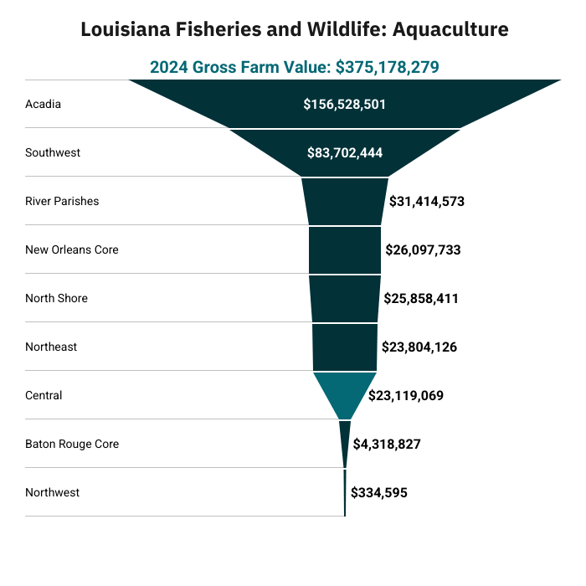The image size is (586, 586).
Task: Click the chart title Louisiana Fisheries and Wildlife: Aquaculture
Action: [295, 29]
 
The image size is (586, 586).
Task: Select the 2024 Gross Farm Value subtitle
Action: [295, 67]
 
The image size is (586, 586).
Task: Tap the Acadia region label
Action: [43, 104]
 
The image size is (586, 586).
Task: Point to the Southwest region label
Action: [53, 152]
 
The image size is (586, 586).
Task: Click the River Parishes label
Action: [62, 201]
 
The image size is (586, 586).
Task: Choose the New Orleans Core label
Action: [72, 249]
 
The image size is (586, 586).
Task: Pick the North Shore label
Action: [56, 298]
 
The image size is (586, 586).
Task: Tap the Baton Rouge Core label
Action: [72, 444]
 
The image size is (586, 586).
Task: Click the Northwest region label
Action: [52, 492]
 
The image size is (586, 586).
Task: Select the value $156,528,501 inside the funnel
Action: [345, 105]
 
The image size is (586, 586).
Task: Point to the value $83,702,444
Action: [345, 153]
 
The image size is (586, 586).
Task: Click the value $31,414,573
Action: [427, 202]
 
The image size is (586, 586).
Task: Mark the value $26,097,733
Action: [423, 250]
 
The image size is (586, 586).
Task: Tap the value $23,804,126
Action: [419, 347]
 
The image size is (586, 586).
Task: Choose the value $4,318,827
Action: [387, 444]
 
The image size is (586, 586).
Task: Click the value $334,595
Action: [379, 492]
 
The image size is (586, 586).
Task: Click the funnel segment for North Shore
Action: [345, 299]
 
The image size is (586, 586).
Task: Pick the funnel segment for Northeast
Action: [345, 347]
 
